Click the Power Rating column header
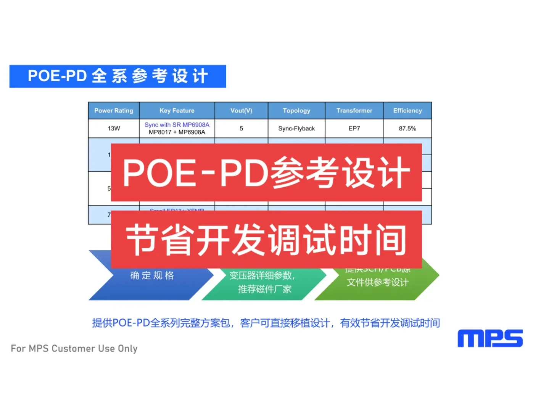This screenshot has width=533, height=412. pyautogui.click(x=114, y=111)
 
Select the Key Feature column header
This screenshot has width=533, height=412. pyautogui.click(x=177, y=111)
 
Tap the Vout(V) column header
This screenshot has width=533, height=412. pyautogui.click(x=241, y=111)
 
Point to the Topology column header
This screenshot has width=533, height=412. pyautogui.click(x=296, y=111)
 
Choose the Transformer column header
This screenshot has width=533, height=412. pyautogui.click(x=354, y=111)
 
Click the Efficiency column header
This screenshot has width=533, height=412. pyautogui.click(x=407, y=111)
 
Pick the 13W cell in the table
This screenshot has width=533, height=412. pyautogui.click(x=114, y=129)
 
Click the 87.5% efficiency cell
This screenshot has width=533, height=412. pyautogui.click(x=407, y=129)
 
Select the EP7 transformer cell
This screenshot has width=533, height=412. pyautogui.click(x=354, y=129)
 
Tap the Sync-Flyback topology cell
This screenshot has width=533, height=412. pyautogui.click(x=296, y=129)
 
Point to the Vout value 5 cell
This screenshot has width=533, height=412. pyautogui.click(x=241, y=129)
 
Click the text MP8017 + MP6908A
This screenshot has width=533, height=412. pyautogui.click(x=177, y=132)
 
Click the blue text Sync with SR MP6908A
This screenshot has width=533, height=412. pyautogui.click(x=177, y=125)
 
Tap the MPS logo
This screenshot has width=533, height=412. pyautogui.click(x=490, y=338)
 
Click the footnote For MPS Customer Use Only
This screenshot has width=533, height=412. pyautogui.click(x=74, y=348)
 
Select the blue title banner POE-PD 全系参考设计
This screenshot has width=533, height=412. pyautogui.click(x=118, y=76)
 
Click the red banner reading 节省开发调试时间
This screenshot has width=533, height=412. pyautogui.click(x=266, y=240)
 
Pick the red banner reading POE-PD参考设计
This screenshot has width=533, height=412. pyautogui.click(x=266, y=172)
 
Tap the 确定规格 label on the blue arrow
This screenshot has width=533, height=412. pyautogui.click(x=152, y=275)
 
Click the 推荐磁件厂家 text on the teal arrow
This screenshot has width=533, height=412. pyautogui.click(x=264, y=289)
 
